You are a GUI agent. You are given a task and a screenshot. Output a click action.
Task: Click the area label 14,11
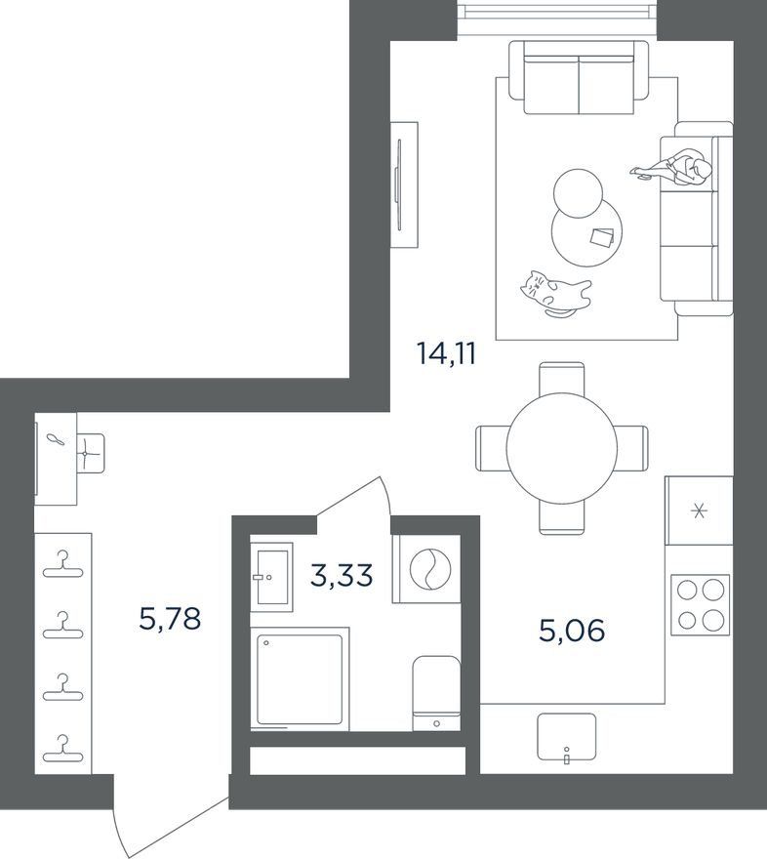click(x=446, y=354)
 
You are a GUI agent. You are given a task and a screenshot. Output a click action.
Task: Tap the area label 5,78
click(x=170, y=620)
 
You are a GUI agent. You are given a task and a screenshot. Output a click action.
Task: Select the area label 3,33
click(x=342, y=576)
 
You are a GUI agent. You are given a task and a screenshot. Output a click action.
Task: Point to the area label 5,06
click(x=572, y=631)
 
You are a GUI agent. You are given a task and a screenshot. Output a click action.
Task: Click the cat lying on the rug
click(x=555, y=294)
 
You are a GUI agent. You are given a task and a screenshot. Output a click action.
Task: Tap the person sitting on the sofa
click(x=674, y=168)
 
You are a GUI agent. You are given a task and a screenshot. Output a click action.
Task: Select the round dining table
click(x=562, y=447)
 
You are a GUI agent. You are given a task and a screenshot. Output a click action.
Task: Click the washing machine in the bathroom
click(x=426, y=569)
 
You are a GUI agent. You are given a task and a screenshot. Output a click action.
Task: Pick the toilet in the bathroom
click(x=436, y=693)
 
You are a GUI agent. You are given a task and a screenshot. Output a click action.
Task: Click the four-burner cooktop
click(x=701, y=605)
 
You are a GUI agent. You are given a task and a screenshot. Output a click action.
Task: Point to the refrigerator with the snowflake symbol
click(x=699, y=511)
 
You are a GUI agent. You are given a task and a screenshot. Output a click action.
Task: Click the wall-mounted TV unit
click(x=404, y=184)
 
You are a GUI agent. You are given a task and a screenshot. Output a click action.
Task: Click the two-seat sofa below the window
click(x=579, y=78)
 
